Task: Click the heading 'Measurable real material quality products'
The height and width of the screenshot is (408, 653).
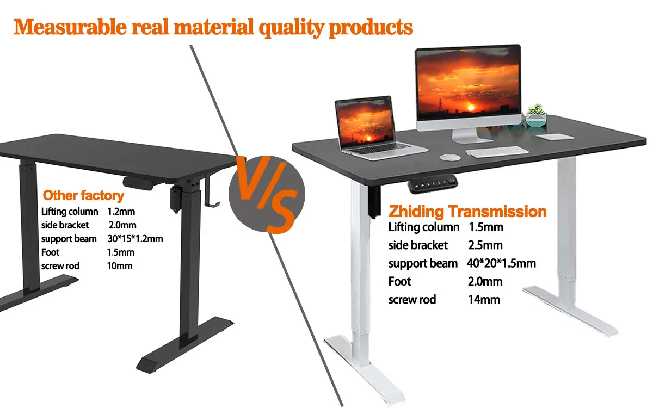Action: [213, 27]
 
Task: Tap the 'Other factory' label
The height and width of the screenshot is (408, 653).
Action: [83, 195]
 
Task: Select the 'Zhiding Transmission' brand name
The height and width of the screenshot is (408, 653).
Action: [467, 211]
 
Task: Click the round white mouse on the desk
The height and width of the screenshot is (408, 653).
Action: [449, 157]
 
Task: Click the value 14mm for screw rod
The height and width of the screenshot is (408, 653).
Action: [484, 299]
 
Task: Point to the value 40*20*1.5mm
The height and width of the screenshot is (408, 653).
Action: [501, 263]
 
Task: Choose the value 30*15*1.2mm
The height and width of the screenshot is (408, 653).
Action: [135, 239]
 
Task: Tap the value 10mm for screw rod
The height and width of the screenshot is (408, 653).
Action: [120, 266]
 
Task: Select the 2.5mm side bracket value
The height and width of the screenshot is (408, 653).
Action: [485, 245]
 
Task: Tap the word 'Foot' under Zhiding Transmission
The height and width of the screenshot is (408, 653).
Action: [399, 281]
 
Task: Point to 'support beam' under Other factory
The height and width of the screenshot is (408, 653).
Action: [69, 239]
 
